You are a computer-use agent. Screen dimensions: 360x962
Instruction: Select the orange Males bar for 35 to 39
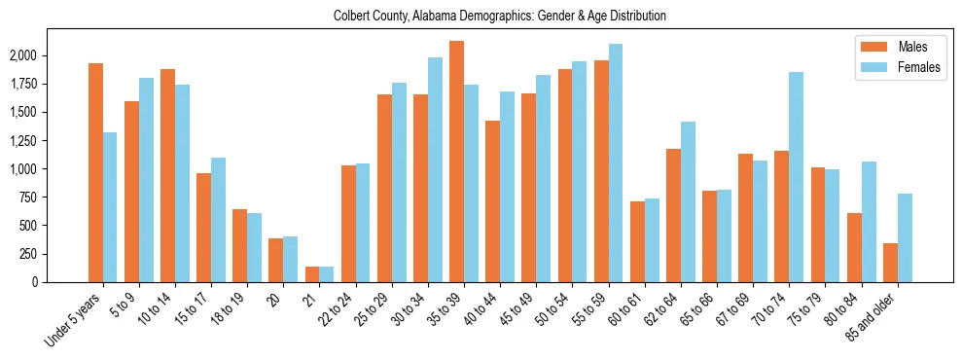pos(456,162)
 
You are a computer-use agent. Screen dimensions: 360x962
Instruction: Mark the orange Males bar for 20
pos(275,260)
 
